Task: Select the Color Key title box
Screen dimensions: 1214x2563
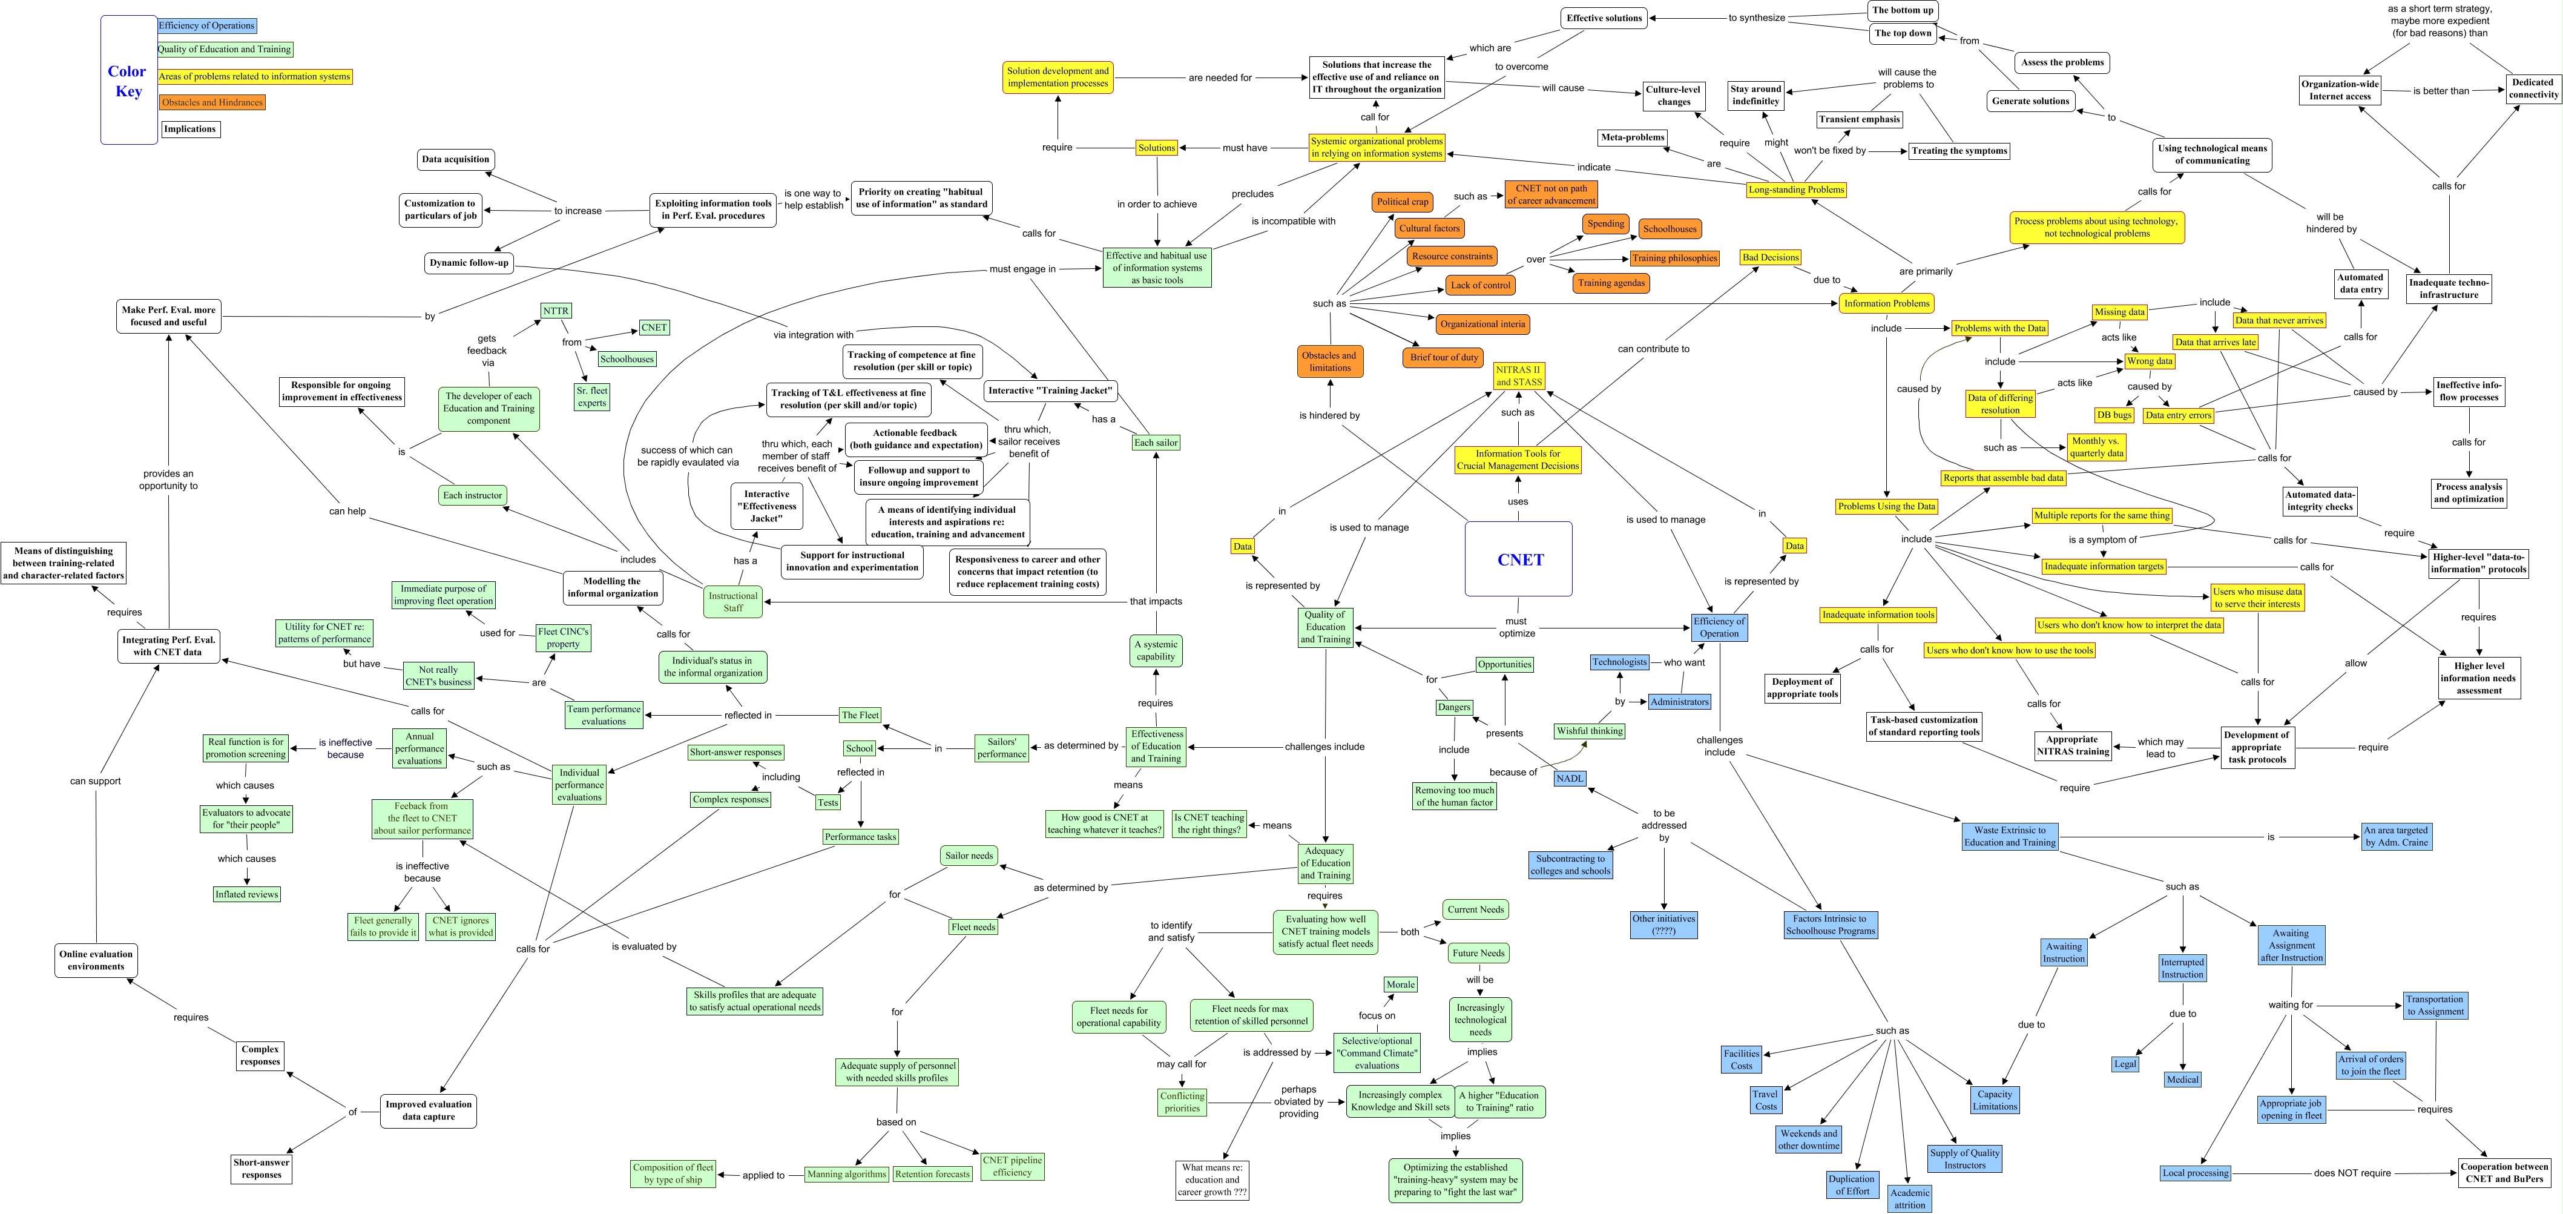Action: point(128,81)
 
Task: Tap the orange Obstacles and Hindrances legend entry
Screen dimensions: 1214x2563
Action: point(212,102)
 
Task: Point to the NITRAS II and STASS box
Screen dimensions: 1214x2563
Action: point(1518,376)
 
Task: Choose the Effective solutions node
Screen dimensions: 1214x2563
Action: point(1604,18)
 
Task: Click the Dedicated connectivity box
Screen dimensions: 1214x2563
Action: point(2532,88)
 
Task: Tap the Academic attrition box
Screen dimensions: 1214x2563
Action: point(1909,1198)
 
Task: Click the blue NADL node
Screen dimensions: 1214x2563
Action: point(1570,778)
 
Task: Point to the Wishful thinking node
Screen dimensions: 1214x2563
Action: point(1589,730)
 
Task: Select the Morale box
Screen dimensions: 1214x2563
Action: point(1400,984)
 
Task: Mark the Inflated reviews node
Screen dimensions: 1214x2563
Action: point(247,894)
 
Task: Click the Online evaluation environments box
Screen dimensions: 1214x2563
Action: point(96,960)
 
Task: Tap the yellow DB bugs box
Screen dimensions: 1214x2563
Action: point(2114,415)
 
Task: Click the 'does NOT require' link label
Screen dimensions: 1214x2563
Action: point(2351,1173)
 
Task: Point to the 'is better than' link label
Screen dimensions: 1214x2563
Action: point(2441,91)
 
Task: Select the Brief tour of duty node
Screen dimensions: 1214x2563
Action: point(1444,357)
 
